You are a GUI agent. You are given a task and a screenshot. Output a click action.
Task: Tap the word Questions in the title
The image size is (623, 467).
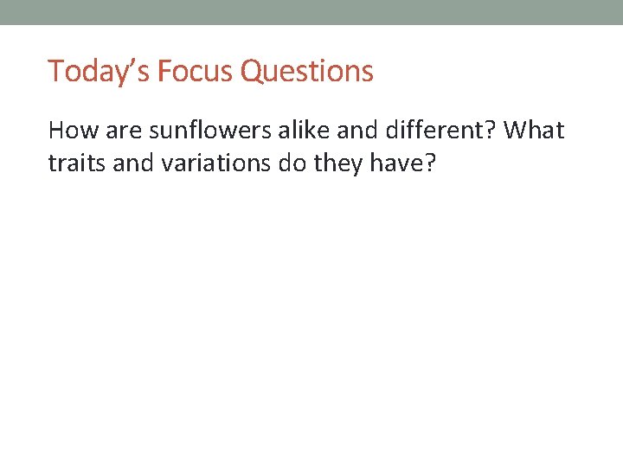coord(307,72)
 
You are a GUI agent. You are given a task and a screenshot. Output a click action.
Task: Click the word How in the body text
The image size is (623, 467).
coord(67,131)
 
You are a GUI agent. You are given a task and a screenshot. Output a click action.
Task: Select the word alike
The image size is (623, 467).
coord(290,131)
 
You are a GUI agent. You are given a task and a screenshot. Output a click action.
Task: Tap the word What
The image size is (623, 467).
coord(534,131)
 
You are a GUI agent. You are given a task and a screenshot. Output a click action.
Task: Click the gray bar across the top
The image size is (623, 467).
coord(311,12)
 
